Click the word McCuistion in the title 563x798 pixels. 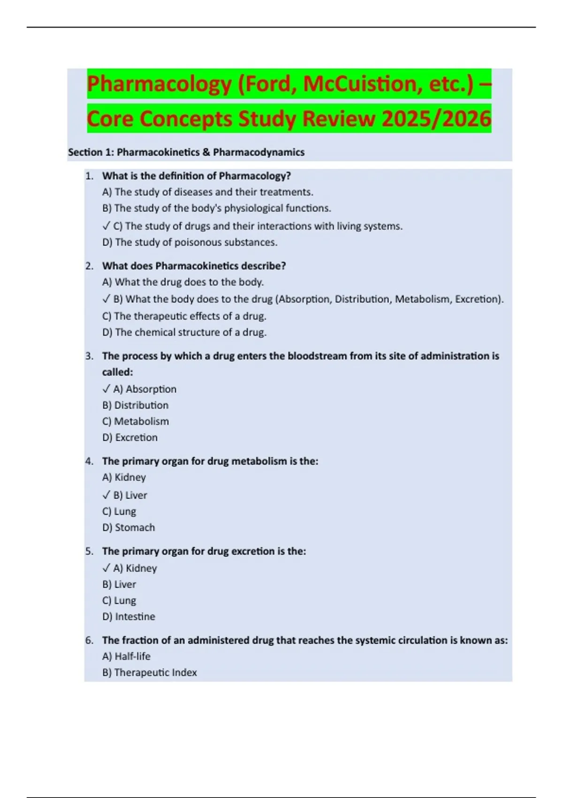pos(360,84)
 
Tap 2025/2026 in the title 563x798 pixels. pos(436,118)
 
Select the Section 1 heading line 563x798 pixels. pos(186,152)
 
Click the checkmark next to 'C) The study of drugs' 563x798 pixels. pos(106,226)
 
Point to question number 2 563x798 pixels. pos(89,266)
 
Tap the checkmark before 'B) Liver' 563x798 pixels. pos(106,495)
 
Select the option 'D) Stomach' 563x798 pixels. pos(129,528)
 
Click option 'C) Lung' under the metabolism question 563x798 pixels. pos(119,511)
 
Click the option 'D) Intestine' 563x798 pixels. pos(129,616)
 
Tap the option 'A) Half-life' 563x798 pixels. pos(126,656)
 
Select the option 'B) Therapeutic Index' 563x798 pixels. pos(150,672)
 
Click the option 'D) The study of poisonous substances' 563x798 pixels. pos(190,242)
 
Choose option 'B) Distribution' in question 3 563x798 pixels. pos(136,405)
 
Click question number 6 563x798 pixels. pos(89,640)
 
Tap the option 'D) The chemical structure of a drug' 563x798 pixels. pos(184,332)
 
